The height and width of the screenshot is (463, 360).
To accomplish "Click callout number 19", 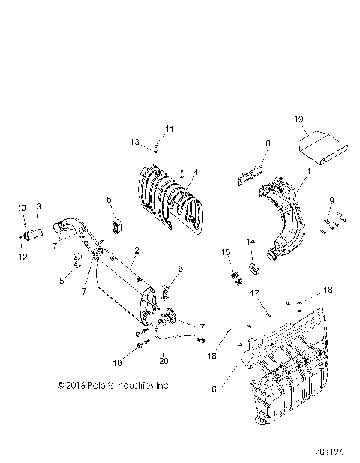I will tap(298, 119).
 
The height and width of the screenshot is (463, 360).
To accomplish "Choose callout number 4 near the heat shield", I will tap(195, 172).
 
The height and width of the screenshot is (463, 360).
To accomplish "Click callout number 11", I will tap(169, 129).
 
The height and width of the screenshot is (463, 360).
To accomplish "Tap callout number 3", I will tap(38, 206).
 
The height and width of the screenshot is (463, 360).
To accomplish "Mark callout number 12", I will tap(22, 257).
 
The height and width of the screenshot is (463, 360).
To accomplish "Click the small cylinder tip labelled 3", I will tap(33, 236).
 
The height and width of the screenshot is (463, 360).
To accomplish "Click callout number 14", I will tap(250, 241).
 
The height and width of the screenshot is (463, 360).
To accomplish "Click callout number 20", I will tap(164, 360).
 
